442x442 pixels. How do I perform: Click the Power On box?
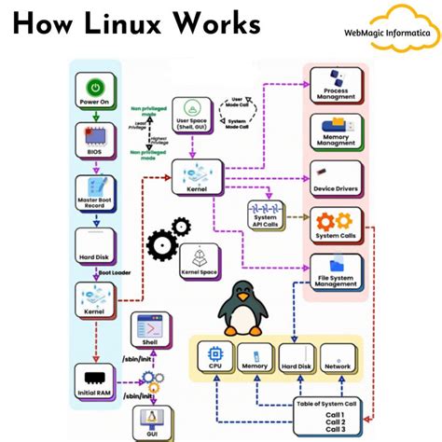[95, 90]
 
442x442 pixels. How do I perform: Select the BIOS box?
[95, 139]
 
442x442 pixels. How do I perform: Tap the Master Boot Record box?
[95, 190]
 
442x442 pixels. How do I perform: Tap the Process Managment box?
[335, 86]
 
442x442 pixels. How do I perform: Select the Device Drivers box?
[335, 179]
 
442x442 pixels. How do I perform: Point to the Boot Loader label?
[114, 272]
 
